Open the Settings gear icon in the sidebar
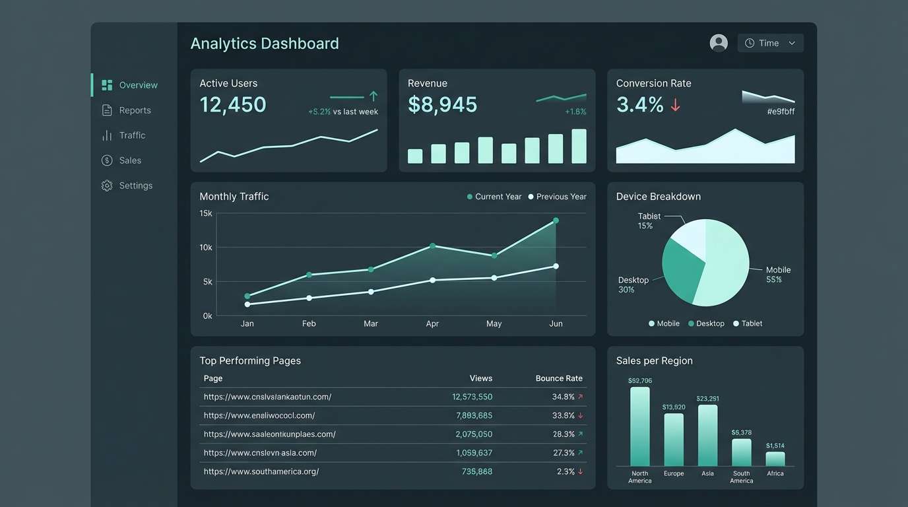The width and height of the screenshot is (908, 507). click(107, 186)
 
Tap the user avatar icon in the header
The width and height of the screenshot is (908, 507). click(719, 43)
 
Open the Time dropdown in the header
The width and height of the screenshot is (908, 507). click(770, 43)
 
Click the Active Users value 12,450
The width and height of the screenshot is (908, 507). click(233, 104)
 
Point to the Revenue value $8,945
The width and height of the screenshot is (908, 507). click(442, 104)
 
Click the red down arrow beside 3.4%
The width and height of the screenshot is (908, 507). click(675, 105)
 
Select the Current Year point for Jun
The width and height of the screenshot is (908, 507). click(556, 220)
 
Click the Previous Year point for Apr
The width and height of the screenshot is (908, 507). click(432, 280)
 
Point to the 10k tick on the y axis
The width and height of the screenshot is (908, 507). click(206, 248)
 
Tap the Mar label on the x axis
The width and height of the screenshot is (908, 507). click(371, 323)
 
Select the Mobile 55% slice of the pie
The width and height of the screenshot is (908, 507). click(726, 271)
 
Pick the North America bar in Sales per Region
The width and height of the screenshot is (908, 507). click(639, 426)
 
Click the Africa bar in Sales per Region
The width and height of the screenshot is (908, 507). click(775, 459)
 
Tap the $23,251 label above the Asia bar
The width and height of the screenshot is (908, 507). click(707, 399)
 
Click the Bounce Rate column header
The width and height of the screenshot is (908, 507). click(558, 378)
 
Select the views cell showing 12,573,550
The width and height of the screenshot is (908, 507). click(472, 397)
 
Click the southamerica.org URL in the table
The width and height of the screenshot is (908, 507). click(261, 471)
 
